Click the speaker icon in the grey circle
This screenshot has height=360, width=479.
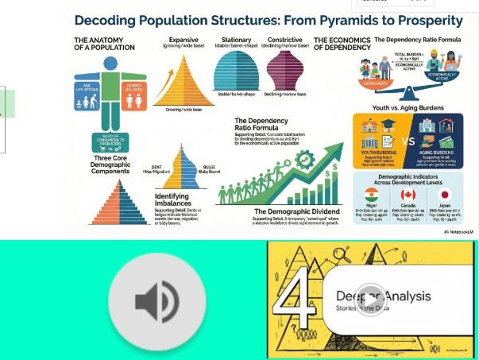[x=156, y=302]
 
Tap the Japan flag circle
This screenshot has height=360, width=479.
[x=444, y=195]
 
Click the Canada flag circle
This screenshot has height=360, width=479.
[x=408, y=195]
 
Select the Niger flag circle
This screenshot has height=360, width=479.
[x=371, y=195]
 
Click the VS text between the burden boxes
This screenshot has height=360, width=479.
[x=408, y=141]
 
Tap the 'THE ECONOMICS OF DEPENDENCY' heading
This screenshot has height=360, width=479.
[x=342, y=44]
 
